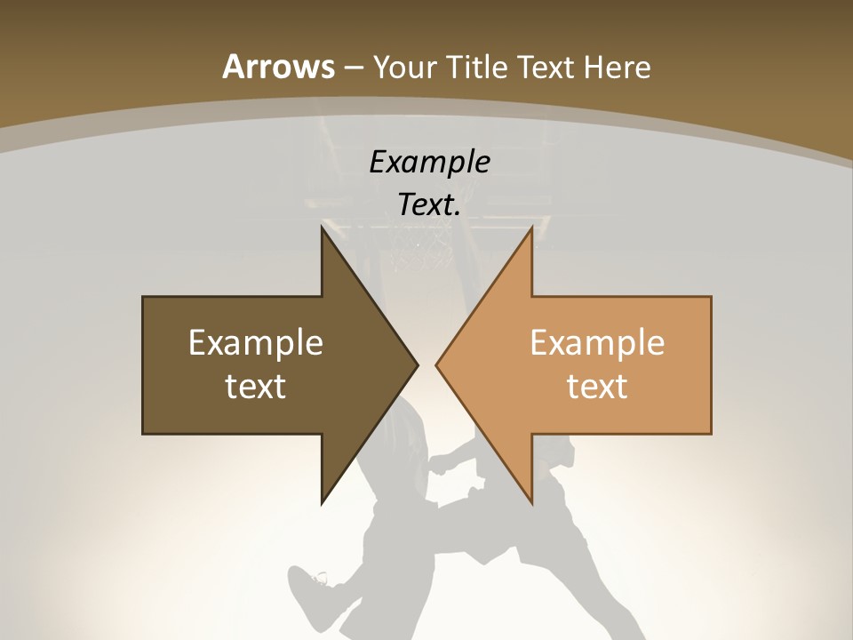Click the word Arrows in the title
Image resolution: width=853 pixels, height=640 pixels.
click(278, 67)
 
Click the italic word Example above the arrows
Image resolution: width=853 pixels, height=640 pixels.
click(429, 163)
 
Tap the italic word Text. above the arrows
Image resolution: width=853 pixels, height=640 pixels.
click(429, 205)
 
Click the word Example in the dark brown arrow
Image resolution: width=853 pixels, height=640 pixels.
click(256, 343)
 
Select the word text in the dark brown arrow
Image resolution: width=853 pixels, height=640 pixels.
click(256, 386)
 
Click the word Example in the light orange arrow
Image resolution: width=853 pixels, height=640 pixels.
click(597, 343)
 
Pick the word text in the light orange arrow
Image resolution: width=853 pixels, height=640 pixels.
click(597, 386)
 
